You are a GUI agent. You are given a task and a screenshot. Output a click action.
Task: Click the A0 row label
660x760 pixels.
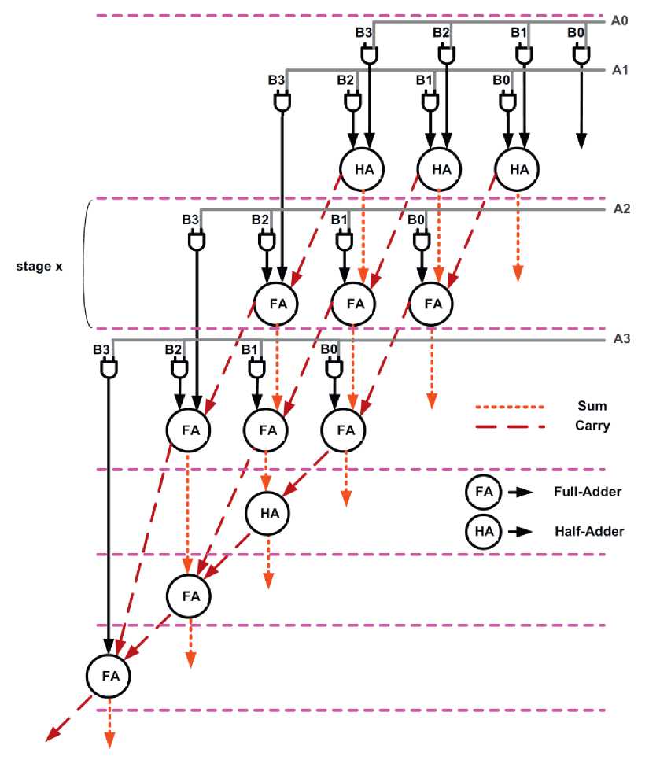click(x=619, y=21)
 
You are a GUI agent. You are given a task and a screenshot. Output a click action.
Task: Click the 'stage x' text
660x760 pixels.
click(x=39, y=266)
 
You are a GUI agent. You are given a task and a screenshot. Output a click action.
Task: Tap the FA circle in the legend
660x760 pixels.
click(x=484, y=492)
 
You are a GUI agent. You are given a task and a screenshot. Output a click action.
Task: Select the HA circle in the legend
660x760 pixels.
click(x=484, y=532)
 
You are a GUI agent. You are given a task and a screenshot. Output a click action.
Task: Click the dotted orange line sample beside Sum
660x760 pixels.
click(x=510, y=408)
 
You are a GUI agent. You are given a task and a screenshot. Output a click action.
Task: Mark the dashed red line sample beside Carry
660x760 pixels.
click(x=510, y=426)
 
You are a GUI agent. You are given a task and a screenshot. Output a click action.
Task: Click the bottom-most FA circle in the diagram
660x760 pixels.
click(x=108, y=675)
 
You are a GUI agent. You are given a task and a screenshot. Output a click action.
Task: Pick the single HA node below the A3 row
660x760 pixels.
click(x=268, y=513)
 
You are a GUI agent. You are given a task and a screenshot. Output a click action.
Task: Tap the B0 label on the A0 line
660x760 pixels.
click(x=577, y=33)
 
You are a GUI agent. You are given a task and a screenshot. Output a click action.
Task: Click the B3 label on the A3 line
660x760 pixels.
click(x=101, y=349)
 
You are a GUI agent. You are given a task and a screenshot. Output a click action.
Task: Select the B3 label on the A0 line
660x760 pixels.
click(x=363, y=33)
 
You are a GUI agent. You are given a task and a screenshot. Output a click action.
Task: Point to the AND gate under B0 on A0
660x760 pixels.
click(x=581, y=55)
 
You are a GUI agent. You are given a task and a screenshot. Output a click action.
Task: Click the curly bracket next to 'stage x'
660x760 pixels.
click(x=89, y=264)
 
